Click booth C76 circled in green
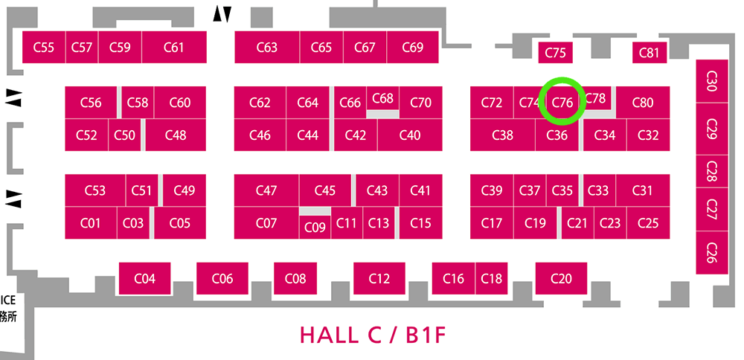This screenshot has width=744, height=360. coord(563,102)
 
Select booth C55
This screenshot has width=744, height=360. coord(44,47)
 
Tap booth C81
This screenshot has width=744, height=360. coord(650,52)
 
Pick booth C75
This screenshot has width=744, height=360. coord(556,52)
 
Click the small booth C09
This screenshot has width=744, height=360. coord(315,227)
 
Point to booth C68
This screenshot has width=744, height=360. coord(383,98)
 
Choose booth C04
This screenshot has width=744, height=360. coord(145,278)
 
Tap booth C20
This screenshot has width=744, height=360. coord(561,278)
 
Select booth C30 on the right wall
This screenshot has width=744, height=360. coord(712,81)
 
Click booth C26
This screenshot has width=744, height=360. coord(712,252)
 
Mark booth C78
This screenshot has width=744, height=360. coord(595,98)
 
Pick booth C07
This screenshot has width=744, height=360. coord(266,222)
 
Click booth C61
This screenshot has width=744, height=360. coord(173,47)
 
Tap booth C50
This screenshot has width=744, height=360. coord(125,135)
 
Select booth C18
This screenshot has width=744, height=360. coord(492,278)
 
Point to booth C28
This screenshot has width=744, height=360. coord(712,171)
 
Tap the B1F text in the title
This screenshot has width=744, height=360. coord(426,335)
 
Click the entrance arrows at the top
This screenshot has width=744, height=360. coord(222,14)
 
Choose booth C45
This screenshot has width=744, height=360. coord(325,190)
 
